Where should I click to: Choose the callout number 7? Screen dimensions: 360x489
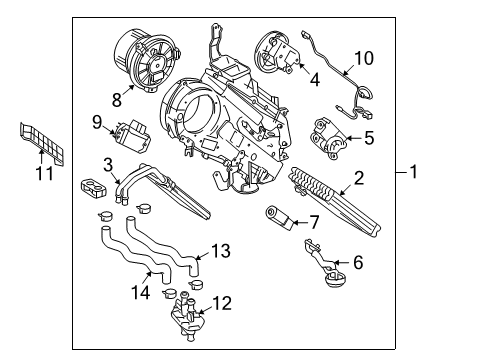pos(312,219)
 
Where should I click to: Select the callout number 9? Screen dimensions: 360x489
pos(97,122)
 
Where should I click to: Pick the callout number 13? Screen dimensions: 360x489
pos(221,249)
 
